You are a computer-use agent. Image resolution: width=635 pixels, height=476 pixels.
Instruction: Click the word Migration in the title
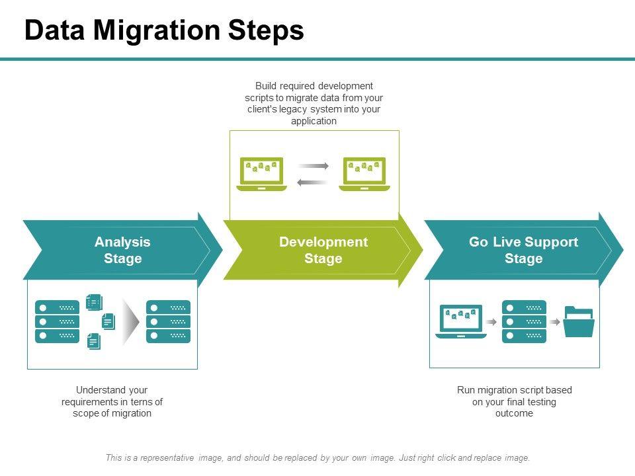[157, 30]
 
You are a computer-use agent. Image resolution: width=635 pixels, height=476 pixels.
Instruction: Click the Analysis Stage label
[123, 250]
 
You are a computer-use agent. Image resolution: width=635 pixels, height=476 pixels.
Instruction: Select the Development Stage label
[323, 250]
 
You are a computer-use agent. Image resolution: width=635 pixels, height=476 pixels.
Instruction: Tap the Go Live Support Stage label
[524, 250]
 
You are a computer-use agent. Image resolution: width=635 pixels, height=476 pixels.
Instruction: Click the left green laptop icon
[262, 174]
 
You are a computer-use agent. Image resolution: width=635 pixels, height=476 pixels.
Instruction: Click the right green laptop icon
[364, 174]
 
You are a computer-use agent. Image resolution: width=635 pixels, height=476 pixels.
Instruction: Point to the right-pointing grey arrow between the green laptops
[313, 165]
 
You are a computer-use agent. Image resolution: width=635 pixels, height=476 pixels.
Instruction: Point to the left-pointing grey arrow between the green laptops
[312, 182]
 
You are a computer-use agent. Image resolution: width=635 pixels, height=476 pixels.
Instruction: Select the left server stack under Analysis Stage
[57, 322]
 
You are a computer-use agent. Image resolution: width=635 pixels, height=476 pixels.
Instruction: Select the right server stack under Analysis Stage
[168, 322]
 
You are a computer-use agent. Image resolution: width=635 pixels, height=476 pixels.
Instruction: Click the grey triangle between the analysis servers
[130, 322]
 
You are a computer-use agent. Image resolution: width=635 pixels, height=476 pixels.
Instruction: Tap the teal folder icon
[579, 322]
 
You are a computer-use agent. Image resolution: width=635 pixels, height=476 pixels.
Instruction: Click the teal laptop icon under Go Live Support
[461, 321]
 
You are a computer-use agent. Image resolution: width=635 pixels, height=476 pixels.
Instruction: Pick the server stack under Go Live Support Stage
[524, 322]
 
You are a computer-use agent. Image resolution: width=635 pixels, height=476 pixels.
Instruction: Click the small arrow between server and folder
[555, 322]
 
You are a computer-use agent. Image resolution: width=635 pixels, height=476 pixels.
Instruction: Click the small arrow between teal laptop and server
[491, 322]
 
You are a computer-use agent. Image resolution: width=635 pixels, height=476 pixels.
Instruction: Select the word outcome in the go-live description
[514, 413]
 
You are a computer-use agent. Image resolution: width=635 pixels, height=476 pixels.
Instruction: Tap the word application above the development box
[314, 121]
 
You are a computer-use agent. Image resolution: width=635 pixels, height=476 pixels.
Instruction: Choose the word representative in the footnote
[167, 457]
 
